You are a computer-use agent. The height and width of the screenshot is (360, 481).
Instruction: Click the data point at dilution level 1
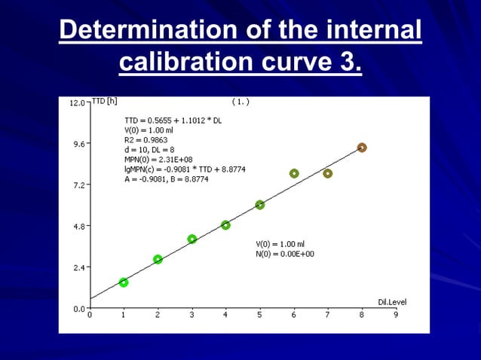[x=124, y=282]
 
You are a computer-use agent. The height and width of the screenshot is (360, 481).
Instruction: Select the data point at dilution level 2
[x=158, y=259]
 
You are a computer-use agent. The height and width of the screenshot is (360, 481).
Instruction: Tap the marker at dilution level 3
[x=192, y=239]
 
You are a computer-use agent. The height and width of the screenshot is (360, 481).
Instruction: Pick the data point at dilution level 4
[x=225, y=225]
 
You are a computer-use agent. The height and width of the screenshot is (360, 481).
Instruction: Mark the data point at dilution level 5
[x=259, y=205]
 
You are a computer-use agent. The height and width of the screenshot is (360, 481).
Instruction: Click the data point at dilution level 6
[x=294, y=173]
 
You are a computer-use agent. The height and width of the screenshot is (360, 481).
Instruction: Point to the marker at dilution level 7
[x=328, y=173]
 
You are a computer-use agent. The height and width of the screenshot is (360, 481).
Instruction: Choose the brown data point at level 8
[x=362, y=148]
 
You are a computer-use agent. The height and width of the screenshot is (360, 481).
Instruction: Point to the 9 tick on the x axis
[x=396, y=316]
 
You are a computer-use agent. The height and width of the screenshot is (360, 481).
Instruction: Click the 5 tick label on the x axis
[x=259, y=316]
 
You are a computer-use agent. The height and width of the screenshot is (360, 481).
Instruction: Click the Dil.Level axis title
[x=391, y=302]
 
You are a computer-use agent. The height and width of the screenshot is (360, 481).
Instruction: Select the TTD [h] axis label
[x=104, y=100]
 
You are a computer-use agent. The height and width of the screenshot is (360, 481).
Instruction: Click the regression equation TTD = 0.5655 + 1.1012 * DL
[x=173, y=120]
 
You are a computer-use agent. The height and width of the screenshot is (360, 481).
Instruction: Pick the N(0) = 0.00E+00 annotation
[x=285, y=254]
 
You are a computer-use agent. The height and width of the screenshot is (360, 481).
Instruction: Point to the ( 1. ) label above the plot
[x=240, y=100]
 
